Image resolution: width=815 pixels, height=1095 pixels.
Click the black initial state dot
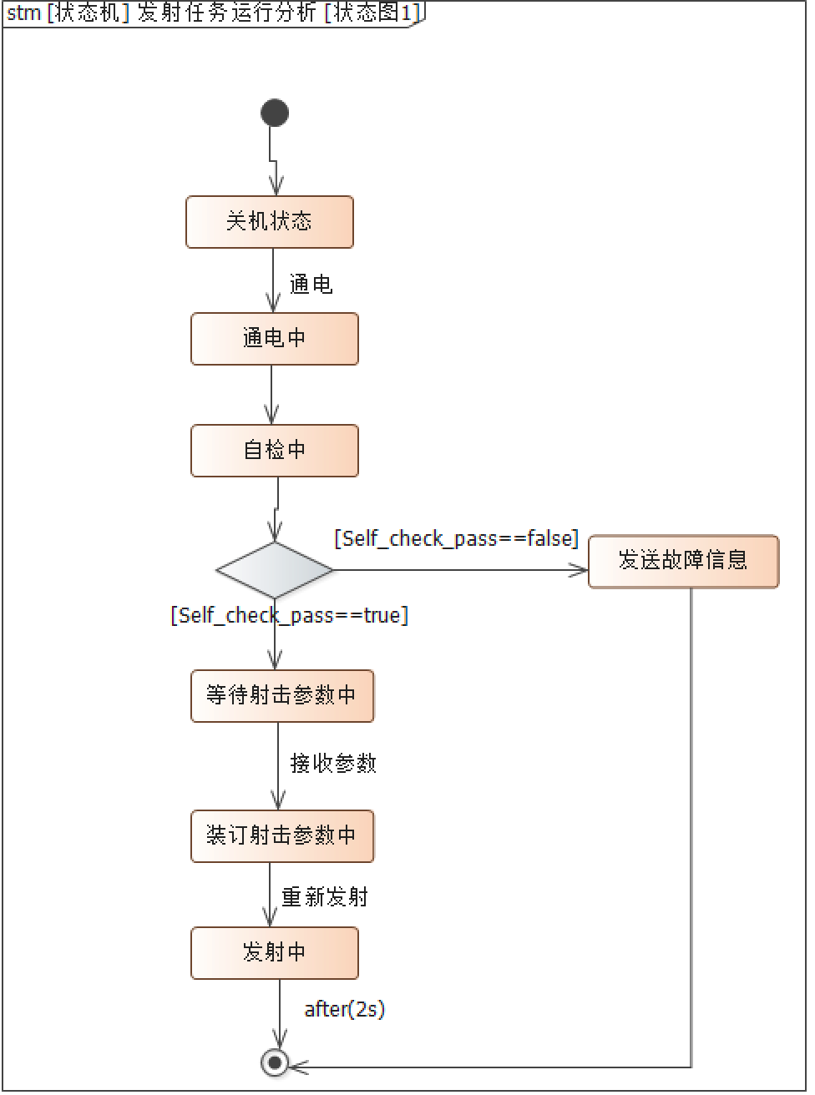coord(275,113)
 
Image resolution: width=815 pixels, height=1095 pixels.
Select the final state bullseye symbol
coord(275,1062)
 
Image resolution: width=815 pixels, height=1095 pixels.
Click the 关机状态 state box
coord(269,222)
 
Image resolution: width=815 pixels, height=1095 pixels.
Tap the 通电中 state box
coord(274,339)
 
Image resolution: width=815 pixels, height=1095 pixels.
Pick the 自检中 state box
coord(274,451)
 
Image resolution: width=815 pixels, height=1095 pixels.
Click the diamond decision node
coord(275,570)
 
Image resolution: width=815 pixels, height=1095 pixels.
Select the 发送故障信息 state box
coord(683,561)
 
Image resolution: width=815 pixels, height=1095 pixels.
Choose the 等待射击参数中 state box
coord(282,695)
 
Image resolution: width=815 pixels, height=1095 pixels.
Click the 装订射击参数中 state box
coord(282,835)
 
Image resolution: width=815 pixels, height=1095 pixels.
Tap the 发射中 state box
coord(274,952)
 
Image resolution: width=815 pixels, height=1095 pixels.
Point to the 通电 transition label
coord(311,285)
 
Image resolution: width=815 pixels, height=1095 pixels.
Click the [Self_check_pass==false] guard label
coord(456,538)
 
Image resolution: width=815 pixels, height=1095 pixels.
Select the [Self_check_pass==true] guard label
coord(289,616)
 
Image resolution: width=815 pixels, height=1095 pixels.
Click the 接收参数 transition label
coord(333,763)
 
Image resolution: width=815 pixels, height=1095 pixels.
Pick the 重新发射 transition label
coord(325,897)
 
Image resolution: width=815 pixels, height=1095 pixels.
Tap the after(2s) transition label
coord(344,1009)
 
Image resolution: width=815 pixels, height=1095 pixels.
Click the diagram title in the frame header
coord(214,13)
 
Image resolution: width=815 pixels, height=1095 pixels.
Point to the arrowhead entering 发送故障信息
coord(579,570)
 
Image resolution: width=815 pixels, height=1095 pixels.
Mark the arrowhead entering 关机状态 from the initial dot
coord(275,186)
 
